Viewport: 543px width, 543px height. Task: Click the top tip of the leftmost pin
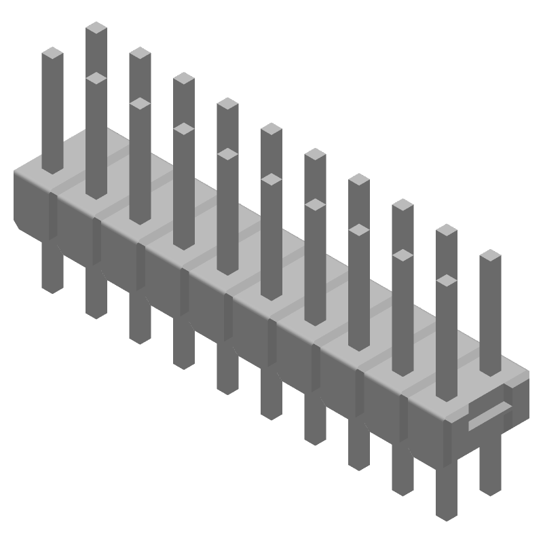(52, 53)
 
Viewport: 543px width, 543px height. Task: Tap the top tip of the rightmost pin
(490, 256)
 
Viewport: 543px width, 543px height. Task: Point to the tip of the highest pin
(96, 28)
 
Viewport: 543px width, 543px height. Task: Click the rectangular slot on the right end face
(490, 413)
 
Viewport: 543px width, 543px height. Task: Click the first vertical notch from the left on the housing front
(53, 216)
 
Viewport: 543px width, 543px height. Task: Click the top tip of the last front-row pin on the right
(446, 280)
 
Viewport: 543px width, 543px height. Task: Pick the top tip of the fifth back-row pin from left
(271, 128)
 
